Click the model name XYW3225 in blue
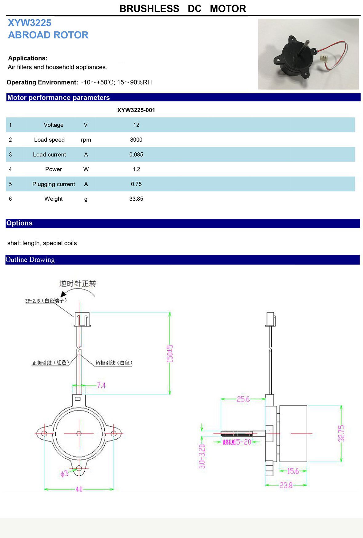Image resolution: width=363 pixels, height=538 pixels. point(30,23)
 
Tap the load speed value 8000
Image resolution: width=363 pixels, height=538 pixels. point(136,140)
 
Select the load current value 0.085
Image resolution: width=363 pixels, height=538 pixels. point(136,155)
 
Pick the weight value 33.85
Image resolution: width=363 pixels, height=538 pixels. point(136,199)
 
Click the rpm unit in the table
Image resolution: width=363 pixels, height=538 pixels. point(86,140)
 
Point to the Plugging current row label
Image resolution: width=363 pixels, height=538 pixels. point(54,184)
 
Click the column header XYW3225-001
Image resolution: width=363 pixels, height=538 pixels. point(136,110)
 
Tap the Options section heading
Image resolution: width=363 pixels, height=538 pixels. point(19,223)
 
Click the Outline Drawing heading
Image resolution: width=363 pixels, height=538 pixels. point(30,260)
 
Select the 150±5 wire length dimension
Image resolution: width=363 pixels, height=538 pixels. point(170,353)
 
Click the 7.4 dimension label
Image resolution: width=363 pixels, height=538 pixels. point(101,385)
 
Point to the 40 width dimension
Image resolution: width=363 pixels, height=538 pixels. point(79,489)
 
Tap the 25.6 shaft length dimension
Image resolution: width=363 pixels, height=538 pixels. point(243,399)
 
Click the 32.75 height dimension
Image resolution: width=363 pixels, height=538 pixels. point(341,434)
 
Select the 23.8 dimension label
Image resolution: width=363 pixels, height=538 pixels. point(286,485)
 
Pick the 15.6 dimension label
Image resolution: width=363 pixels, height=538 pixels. point(293,471)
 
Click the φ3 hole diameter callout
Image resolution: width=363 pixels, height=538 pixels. point(64,473)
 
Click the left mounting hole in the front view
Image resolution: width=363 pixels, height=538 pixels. point(44,434)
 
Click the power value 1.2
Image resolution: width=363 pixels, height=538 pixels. point(136,169)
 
